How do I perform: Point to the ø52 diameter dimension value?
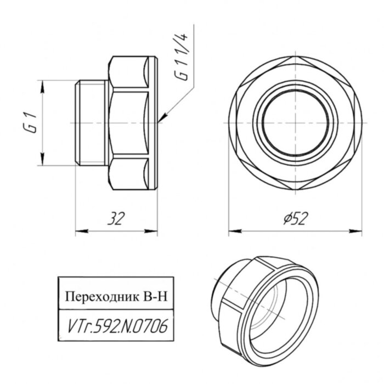click(x=294, y=219)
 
